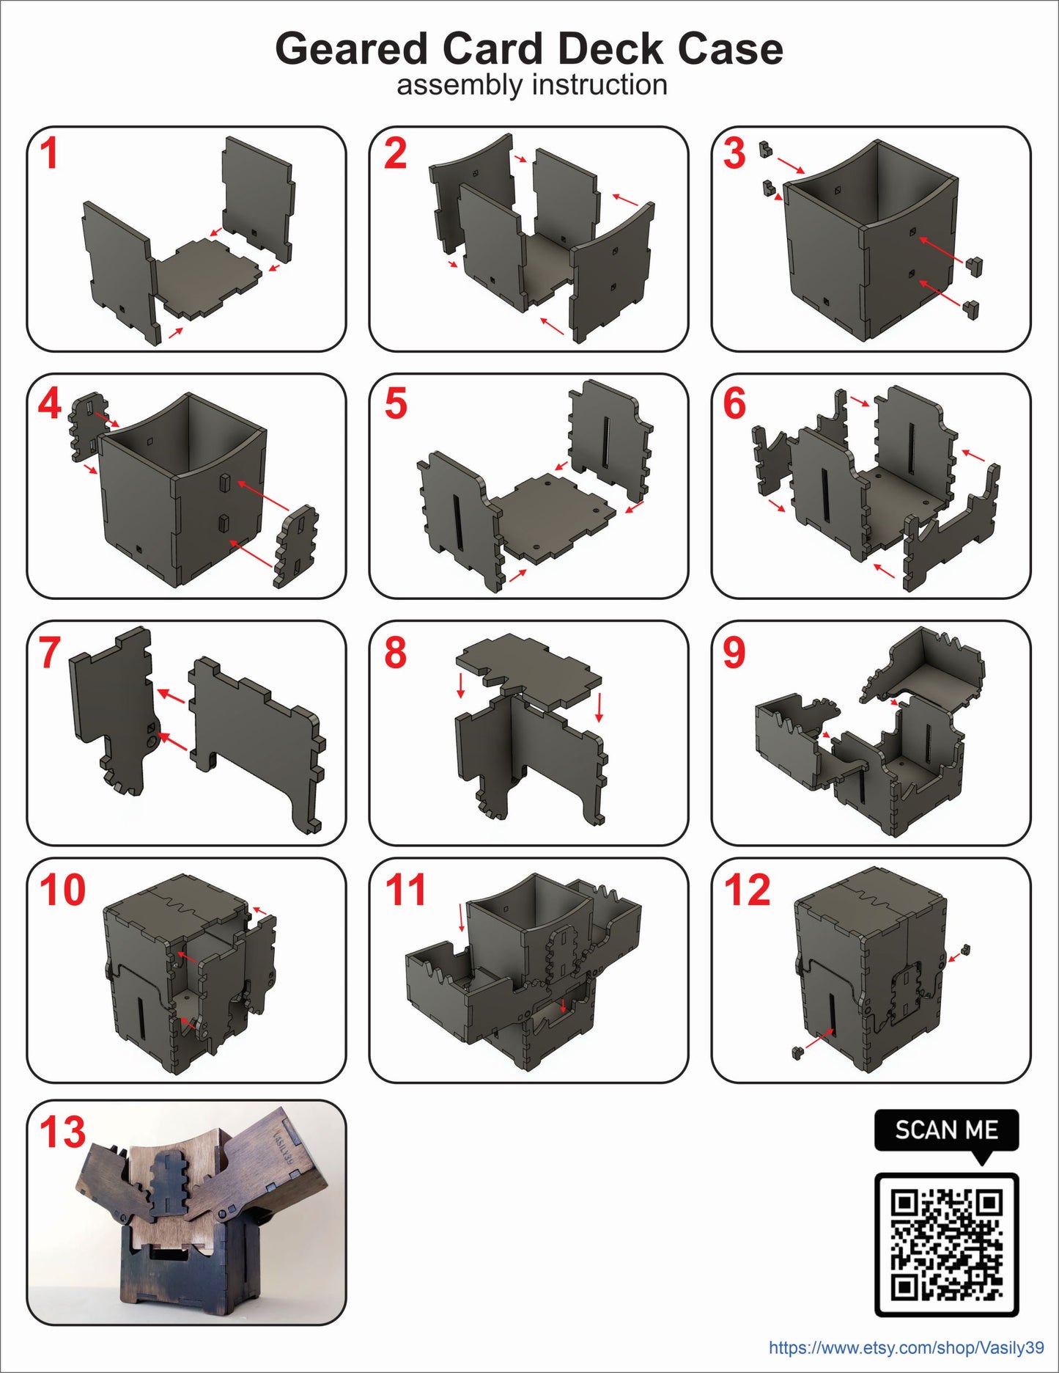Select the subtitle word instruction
pos(599,85)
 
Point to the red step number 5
pos(396,404)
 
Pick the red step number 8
pos(396,652)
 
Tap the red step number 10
pos(62,890)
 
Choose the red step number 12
pos(748,890)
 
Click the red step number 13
pos(62,1132)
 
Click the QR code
pos(946,1244)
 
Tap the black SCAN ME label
pos(946,1130)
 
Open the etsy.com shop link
pos(907,1347)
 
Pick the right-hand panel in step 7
pos(257,741)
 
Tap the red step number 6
pos(734,404)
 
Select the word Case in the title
pos(730,49)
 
